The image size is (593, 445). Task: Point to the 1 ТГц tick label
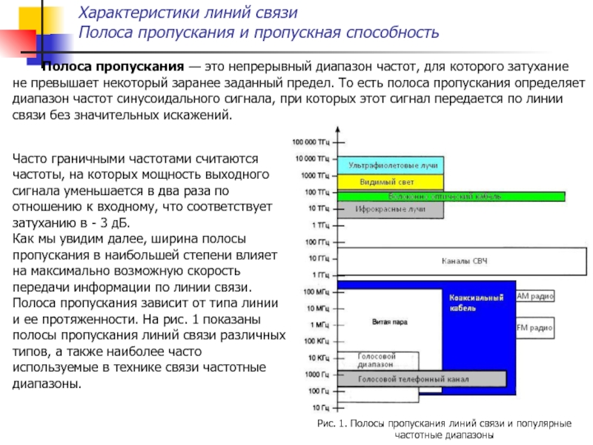(x=320, y=224)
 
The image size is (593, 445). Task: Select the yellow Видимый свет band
(x=391, y=182)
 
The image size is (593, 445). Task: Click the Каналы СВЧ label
(x=464, y=261)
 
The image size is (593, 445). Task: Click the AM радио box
(x=534, y=296)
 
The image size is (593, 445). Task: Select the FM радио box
(x=534, y=326)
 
